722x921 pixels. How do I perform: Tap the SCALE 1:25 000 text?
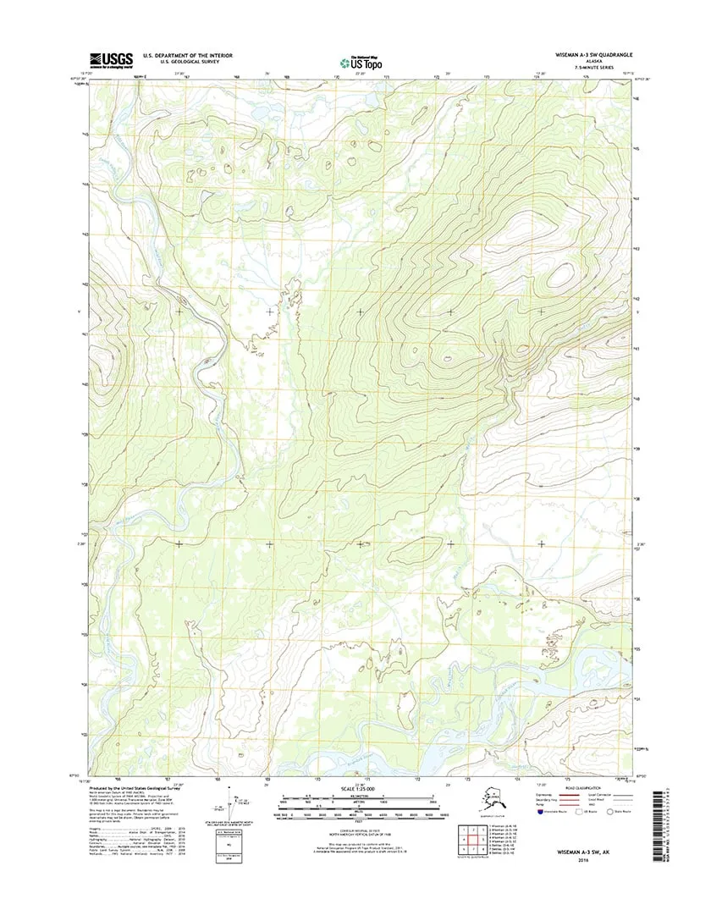361,792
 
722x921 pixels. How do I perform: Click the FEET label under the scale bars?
361,821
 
